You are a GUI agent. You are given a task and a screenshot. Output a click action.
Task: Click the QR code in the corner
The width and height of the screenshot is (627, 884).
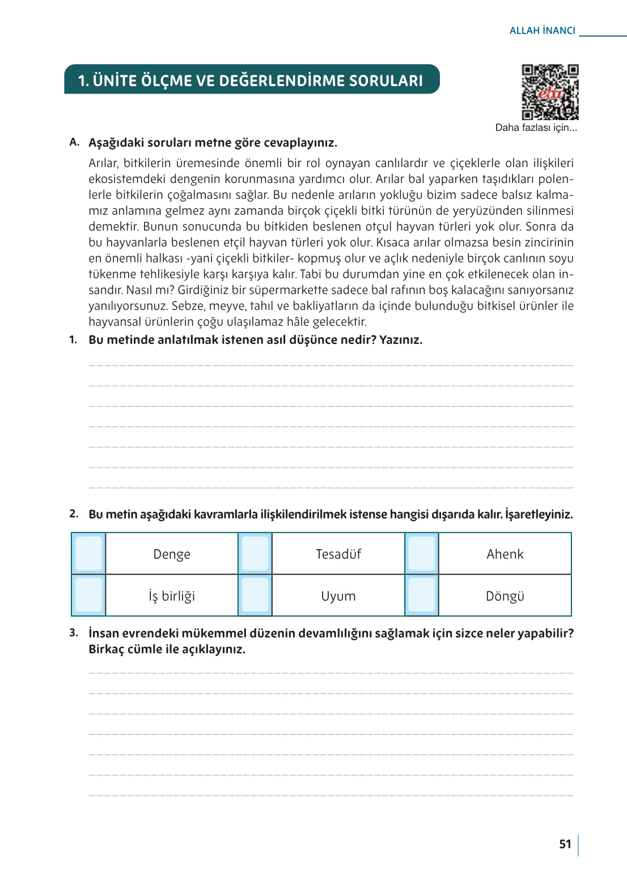549,92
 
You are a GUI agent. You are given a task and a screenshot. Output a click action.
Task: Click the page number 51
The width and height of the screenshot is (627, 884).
565,844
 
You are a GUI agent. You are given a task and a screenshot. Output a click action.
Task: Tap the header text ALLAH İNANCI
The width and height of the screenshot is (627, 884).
542,31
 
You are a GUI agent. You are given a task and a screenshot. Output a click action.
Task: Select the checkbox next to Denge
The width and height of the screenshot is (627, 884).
88,554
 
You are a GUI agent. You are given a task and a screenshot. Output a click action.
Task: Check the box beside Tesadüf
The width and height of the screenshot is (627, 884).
255,554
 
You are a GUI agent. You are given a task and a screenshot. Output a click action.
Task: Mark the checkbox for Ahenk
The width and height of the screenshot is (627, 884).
421,554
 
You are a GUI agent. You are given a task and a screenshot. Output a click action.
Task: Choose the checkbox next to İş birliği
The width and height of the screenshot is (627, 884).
88,595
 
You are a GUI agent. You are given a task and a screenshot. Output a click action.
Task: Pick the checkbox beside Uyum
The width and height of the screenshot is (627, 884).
255,595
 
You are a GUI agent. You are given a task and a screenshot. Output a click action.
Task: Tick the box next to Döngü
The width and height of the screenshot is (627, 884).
421,595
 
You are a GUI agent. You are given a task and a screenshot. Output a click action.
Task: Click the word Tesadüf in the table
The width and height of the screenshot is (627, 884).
338,554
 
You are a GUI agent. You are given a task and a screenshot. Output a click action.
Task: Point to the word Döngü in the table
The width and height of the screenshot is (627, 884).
505,596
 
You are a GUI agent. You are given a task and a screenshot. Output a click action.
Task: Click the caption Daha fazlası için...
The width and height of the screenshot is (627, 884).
536,127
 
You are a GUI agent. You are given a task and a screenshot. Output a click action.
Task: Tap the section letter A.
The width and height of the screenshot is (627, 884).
74,142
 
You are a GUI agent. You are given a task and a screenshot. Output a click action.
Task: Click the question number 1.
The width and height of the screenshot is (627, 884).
73,340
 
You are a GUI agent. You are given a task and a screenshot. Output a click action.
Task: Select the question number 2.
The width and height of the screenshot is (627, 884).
74,514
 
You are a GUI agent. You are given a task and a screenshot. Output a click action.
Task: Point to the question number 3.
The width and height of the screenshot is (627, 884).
74,633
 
